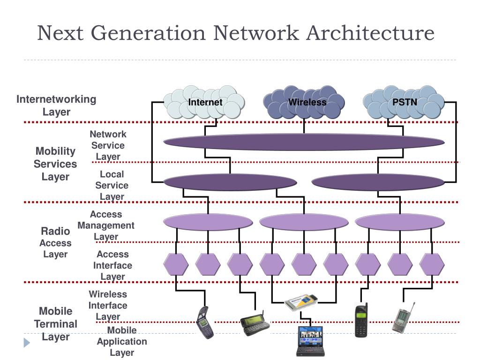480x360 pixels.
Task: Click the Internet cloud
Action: (x=205, y=102)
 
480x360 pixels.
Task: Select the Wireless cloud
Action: (x=304, y=102)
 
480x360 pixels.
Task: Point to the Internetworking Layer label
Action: (x=56, y=105)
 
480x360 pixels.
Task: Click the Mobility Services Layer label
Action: (x=55, y=164)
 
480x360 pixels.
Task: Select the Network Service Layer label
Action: (x=108, y=145)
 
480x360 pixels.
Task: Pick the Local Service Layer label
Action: (x=112, y=185)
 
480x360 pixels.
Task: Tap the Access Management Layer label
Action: (x=106, y=225)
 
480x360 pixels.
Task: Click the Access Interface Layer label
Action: (x=112, y=265)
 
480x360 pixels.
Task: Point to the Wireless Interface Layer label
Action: (x=108, y=305)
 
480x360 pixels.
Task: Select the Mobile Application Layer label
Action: (x=122, y=341)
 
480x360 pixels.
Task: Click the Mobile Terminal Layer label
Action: (x=55, y=324)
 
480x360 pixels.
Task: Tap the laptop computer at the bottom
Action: (x=310, y=341)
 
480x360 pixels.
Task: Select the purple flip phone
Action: (x=204, y=322)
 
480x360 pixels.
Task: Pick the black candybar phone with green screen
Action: (x=361, y=320)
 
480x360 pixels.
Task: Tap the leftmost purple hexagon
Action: (x=176, y=264)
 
